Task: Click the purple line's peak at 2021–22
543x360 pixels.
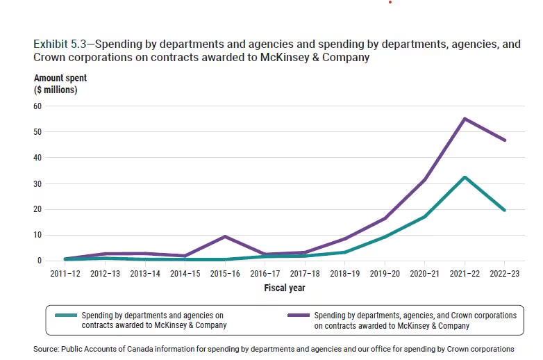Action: (x=465, y=119)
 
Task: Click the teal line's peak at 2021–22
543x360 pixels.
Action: (x=465, y=177)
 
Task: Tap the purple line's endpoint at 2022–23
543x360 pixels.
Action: (x=504, y=140)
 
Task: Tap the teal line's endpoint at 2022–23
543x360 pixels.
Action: (x=504, y=210)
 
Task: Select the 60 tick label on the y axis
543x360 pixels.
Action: (x=37, y=106)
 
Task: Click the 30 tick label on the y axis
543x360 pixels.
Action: (x=37, y=183)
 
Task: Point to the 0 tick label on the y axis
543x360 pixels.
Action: (x=40, y=261)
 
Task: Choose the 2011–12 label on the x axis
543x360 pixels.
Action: (x=65, y=274)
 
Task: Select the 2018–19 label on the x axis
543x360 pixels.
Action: (x=345, y=274)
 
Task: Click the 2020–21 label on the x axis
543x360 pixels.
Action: (x=425, y=274)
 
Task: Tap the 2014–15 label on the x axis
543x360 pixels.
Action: (x=185, y=274)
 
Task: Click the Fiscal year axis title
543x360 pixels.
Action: (x=285, y=288)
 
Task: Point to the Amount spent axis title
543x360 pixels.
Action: (x=60, y=79)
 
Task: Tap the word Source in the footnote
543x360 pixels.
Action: (x=47, y=348)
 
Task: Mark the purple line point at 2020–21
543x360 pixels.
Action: (x=425, y=179)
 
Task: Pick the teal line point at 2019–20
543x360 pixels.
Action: (x=385, y=237)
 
